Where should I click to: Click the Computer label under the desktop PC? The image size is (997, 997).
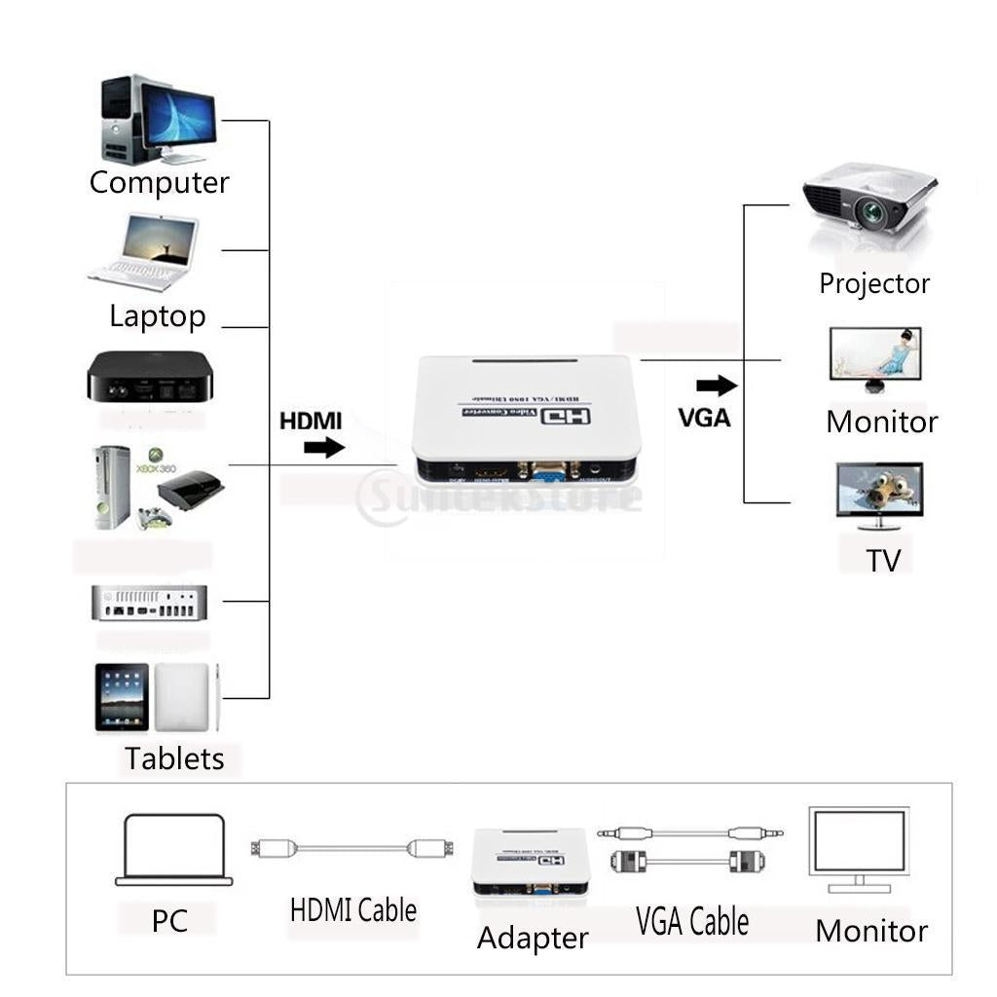pyautogui.click(x=159, y=182)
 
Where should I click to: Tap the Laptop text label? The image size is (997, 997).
pyautogui.click(x=158, y=315)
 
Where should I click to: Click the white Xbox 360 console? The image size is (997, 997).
pyautogui.click(x=113, y=487)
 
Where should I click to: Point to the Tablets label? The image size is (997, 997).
pyautogui.click(x=174, y=758)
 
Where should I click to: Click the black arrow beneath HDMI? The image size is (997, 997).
pyautogui.click(x=324, y=448)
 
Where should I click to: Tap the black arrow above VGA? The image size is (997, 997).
pyautogui.click(x=717, y=386)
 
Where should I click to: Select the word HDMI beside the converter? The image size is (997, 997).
pyautogui.click(x=312, y=422)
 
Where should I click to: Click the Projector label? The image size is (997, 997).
pyautogui.click(x=874, y=283)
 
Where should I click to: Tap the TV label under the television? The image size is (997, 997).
pyautogui.click(x=883, y=560)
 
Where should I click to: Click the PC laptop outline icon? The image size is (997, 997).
pyautogui.click(x=174, y=850)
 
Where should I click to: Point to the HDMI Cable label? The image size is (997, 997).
pyautogui.click(x=353, y=910)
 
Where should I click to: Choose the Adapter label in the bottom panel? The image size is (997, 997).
pyautogui.click(x=533, y=938)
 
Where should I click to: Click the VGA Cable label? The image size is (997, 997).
pyautogui.click(x=692, y=920)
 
